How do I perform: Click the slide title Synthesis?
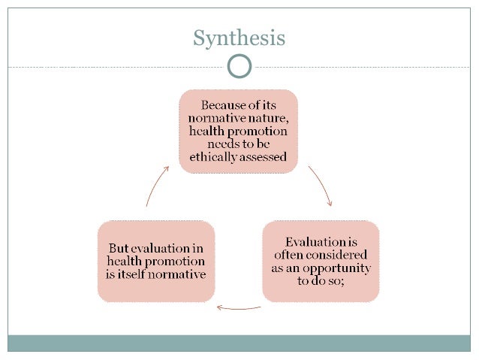click(239, 38)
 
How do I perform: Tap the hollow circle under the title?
click(239, 66)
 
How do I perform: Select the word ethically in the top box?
click(212, 158)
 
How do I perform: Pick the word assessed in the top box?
click(265, 158)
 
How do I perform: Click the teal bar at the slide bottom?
click(239, 343)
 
